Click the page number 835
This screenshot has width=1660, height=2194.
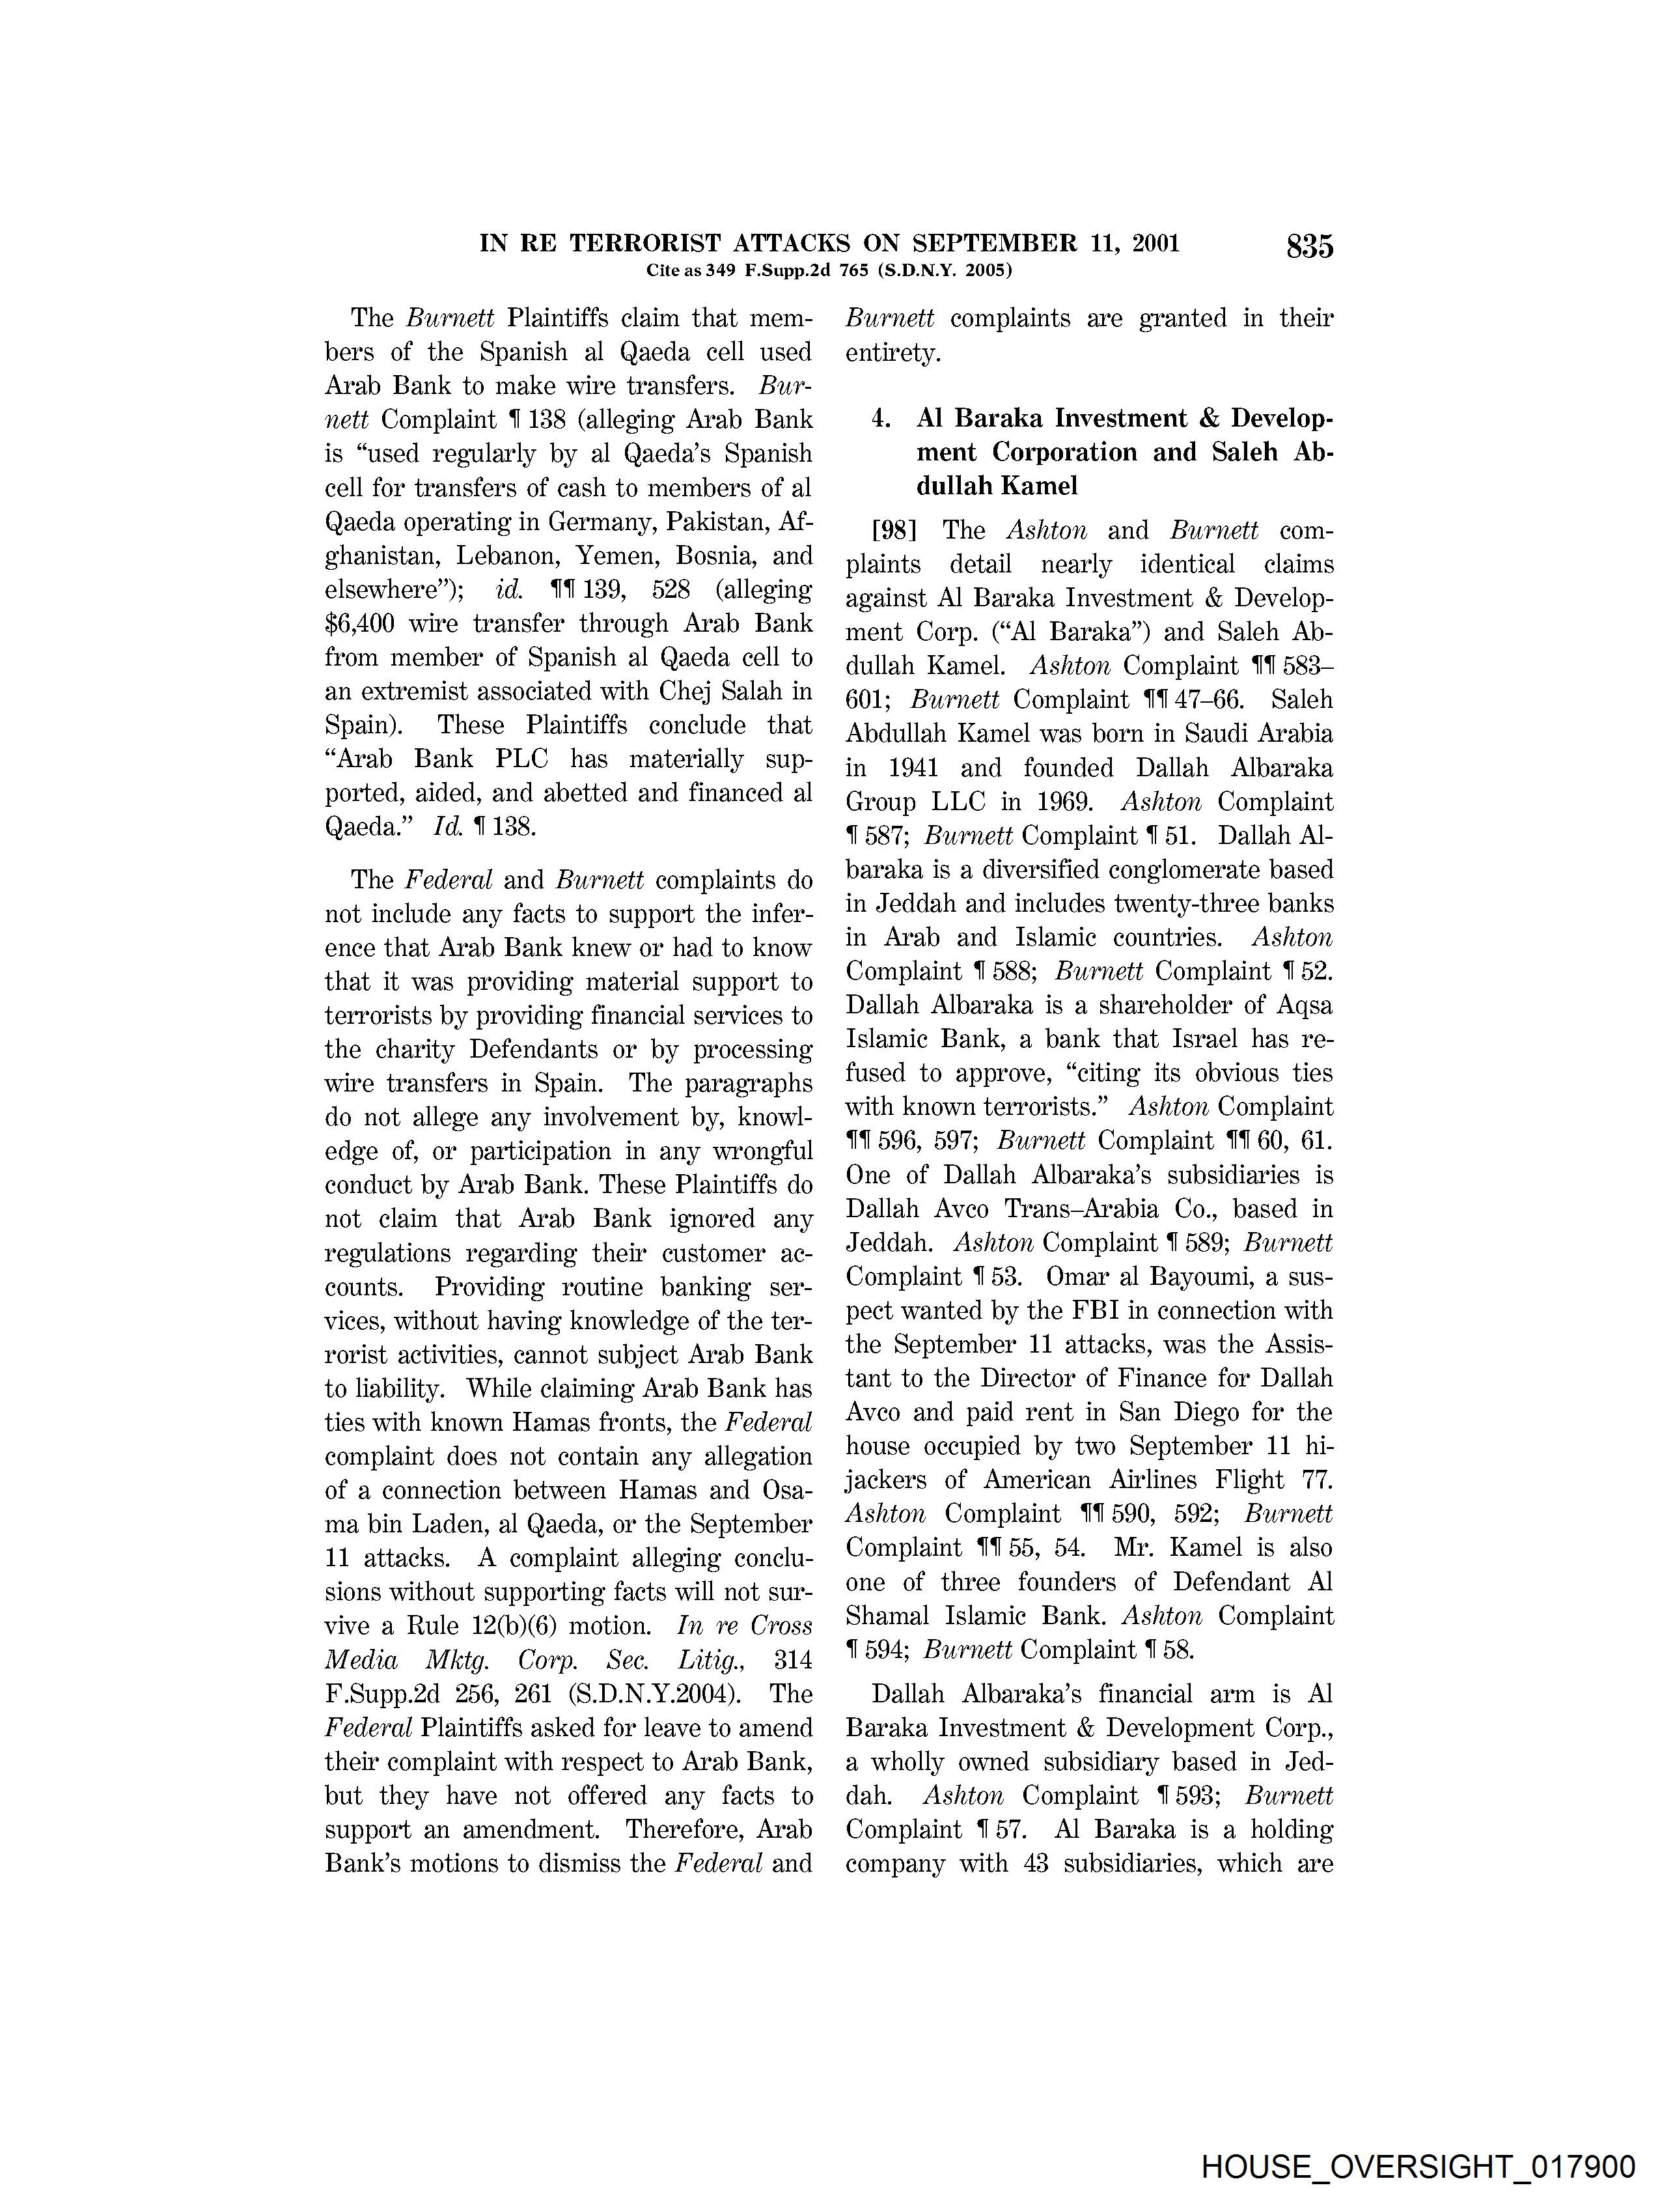[1309, 246]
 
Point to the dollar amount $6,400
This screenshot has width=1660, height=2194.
[361, 624]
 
